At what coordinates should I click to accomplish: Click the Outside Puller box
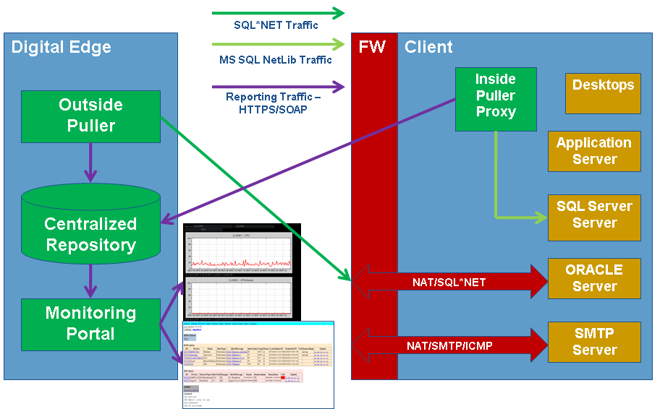90,116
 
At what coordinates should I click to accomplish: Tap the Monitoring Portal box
90,323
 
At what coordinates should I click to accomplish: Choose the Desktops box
603,93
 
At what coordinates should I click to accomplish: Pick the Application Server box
593,151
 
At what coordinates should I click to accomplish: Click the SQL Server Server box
593,215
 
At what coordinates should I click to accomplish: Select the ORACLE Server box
593,278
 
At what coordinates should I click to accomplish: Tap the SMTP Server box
593,342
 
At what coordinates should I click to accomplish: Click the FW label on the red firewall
373,48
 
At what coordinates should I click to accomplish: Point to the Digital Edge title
62,48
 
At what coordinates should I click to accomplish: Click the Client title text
428,48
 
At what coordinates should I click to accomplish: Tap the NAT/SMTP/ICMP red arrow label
449,345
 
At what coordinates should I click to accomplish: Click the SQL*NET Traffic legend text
276,25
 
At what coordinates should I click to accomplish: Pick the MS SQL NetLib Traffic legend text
276,60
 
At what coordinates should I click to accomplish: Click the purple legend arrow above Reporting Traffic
278,87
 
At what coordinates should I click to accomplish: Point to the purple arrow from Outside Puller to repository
90,163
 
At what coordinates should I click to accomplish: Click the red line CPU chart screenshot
240,253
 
